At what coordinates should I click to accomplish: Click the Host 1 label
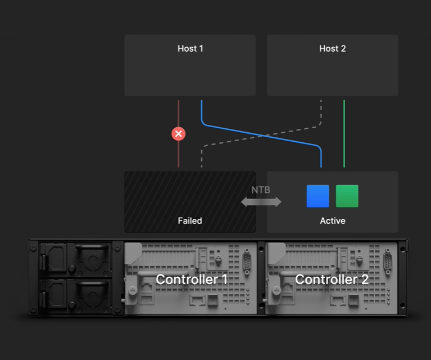[x=190, y=48]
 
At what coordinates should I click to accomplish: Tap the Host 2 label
[x=332, y=48]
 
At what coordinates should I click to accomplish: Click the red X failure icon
[x=178, y=134]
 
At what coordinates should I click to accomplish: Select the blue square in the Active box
[x=317, y=196]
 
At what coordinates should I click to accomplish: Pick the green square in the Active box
[x=347, y=196]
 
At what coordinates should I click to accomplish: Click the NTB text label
[x=261, y=190]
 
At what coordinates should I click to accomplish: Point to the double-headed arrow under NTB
[x=261, y=202]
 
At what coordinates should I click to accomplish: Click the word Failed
[x=190, y=220]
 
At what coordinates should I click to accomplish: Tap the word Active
[x=332, y=220]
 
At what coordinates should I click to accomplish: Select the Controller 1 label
[x=192, y=279]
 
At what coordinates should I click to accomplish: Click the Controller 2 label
[x=332, y=279]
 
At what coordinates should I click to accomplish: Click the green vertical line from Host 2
[x=344, y=135]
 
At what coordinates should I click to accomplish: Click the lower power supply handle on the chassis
[x=90, y=292]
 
